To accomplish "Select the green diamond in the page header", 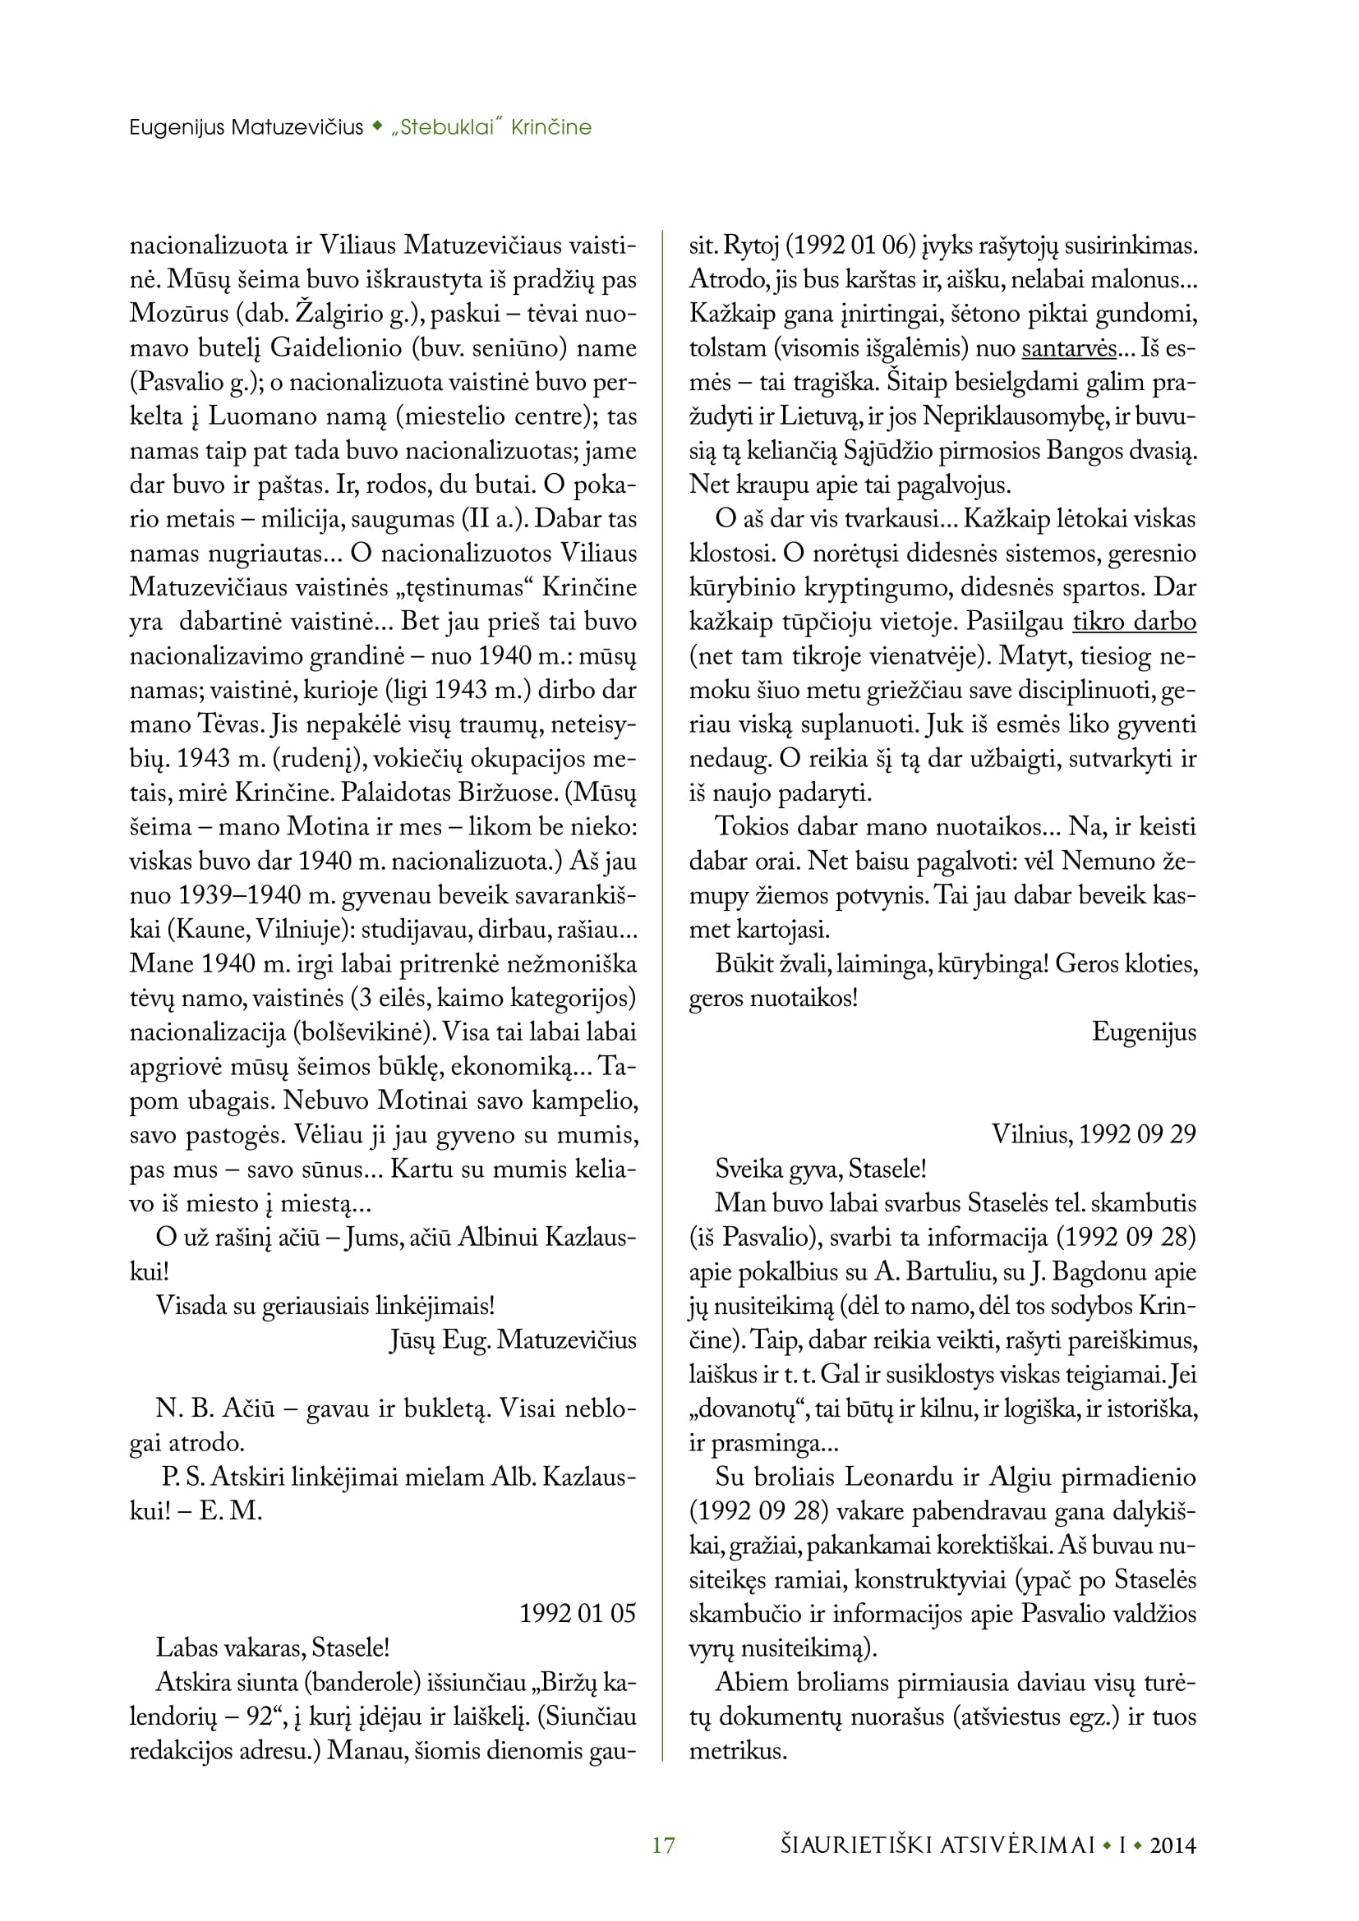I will tap(377, 126).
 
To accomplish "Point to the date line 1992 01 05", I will tap(578, 1612).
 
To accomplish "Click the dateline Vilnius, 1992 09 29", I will tap(1094, 1133).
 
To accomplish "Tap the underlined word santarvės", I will tap(1069, 348).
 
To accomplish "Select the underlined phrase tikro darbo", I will tap(1134, 622).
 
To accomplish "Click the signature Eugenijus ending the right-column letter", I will tap(1144, 1032).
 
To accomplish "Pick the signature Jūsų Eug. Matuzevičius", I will tap(512, 1340).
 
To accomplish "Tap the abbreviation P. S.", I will tap(183, 1477).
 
